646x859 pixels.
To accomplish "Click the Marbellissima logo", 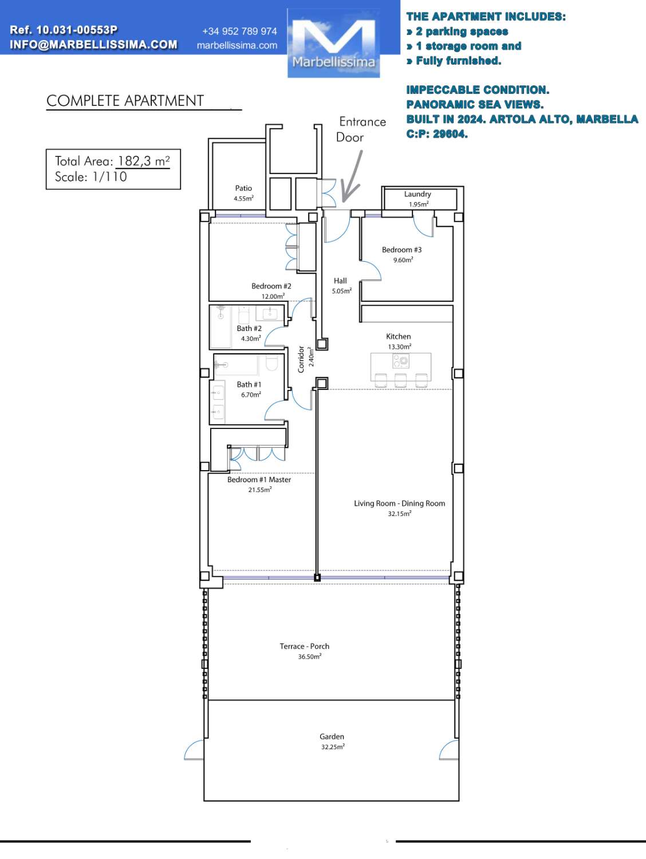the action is tap(333, 42).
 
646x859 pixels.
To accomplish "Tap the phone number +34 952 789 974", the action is tap(239, 31).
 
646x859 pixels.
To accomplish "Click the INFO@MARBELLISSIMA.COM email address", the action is tap(93, 45).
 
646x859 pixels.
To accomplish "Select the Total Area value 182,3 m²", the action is tap(144, 161).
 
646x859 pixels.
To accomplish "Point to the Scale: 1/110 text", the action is tap(91, 177).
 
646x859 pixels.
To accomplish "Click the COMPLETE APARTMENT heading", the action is tap(125, 101).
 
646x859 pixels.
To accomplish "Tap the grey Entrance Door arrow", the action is tap(352, 177).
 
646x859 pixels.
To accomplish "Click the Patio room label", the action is tap(243, 188).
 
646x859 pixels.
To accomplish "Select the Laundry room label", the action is tap(417, 194).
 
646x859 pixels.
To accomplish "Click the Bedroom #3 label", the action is tap(402, 250).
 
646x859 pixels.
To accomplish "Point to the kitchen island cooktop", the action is tap(401, 361).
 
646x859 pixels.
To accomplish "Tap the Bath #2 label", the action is tap(249, 328).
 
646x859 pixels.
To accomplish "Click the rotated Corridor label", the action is tap(301, 359).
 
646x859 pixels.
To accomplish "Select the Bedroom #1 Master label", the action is tap(259, 479).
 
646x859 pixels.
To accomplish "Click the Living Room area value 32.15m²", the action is tap(400, 514).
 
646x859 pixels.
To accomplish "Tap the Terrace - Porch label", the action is tap(305, 646).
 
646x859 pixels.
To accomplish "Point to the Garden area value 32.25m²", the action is tap(333, 747).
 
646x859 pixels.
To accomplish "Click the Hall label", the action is tap(340, 281).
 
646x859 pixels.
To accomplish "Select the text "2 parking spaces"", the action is tap(462, 31).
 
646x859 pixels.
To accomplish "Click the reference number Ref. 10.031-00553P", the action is tap(64, 30).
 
